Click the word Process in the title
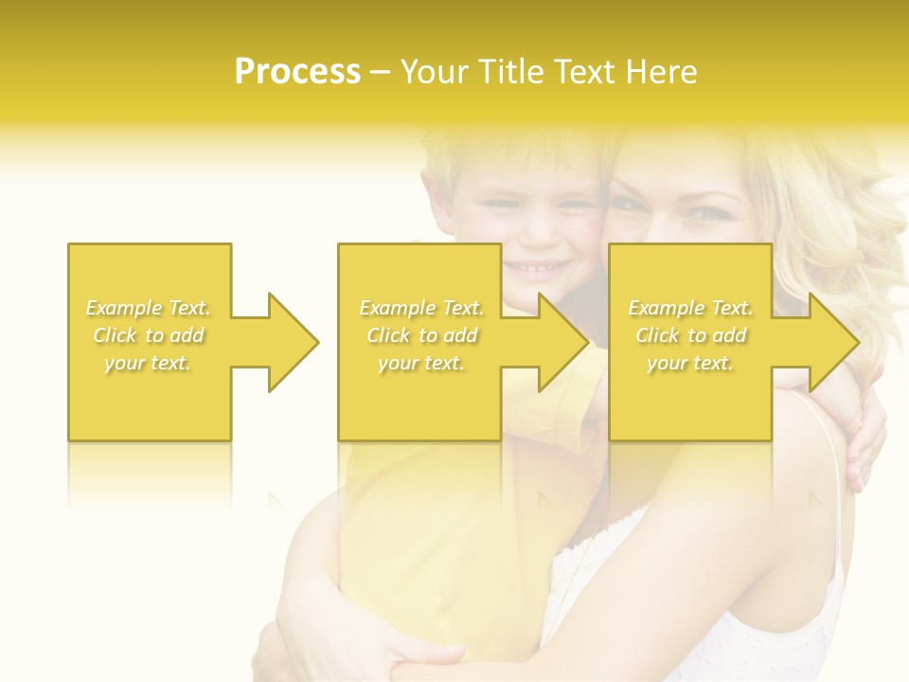click(x=297, y=72)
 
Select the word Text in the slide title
click(x=585, y=72)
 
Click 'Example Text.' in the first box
click(x=149, y=308)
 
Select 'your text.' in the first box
click(x=149, y=363)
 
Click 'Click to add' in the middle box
click(x=421, y=335)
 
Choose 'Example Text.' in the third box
click(x=690, y=308)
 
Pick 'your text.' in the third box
click(x=690, y=363)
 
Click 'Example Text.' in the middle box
click(x=421, y=308)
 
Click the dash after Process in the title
click(x=380, y=73)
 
